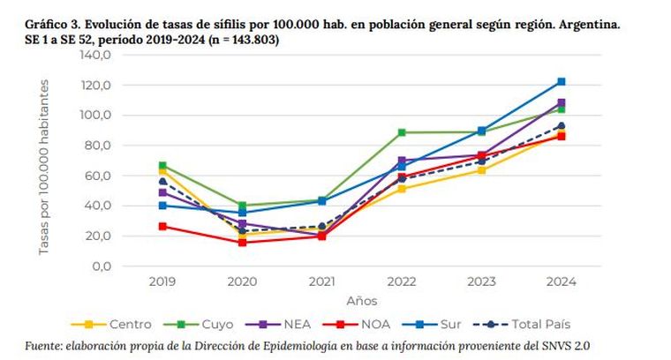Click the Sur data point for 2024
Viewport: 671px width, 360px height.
[x=561, y=82]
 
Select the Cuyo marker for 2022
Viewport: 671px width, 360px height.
[x=402, y=132]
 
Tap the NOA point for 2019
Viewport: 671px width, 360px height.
[x=162, y=226]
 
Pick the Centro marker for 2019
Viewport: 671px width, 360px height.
[x=162, y=169]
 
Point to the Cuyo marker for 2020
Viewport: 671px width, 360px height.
[x=242, y=206]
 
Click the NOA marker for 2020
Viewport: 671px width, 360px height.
[x=242, y=242]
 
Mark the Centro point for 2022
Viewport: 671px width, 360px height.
[x=402, y=189]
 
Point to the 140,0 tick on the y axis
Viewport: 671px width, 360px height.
[x=94, y=55]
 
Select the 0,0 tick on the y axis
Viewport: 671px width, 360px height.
[x=101, y=266]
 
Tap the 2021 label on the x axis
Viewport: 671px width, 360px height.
[x=322, y=281]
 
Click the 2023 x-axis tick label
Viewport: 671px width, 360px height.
[x=481, y=281]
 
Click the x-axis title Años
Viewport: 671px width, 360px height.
[x=361, y=300]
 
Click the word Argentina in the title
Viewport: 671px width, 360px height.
[x=588, y=26]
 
